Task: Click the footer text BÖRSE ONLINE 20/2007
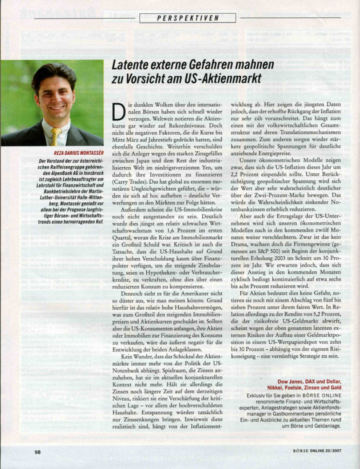[317, 451]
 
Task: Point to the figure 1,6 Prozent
[181, 231]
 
